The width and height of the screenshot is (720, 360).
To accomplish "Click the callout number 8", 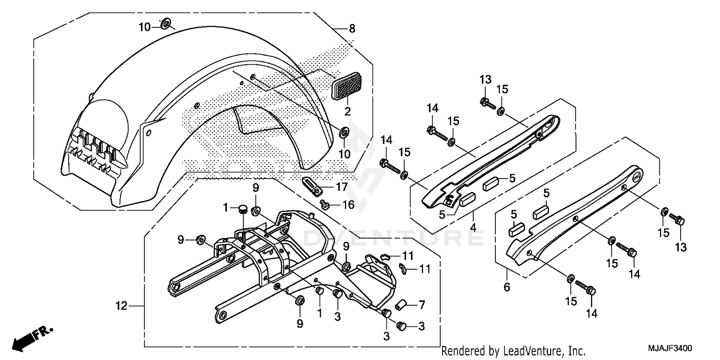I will tap(352, 29).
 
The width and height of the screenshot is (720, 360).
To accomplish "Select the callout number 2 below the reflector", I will tap(348, 111).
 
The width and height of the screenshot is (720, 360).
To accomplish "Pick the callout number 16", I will tap(348, 205).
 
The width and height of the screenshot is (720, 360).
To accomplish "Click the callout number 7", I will tap(421, 305).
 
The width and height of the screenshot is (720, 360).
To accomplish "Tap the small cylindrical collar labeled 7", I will tap(402, 304).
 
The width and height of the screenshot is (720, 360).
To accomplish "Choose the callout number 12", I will tap(121, 305).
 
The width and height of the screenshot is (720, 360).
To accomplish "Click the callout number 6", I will tap(507, 288).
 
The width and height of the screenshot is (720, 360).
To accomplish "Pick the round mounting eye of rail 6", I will tap(636, 176).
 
